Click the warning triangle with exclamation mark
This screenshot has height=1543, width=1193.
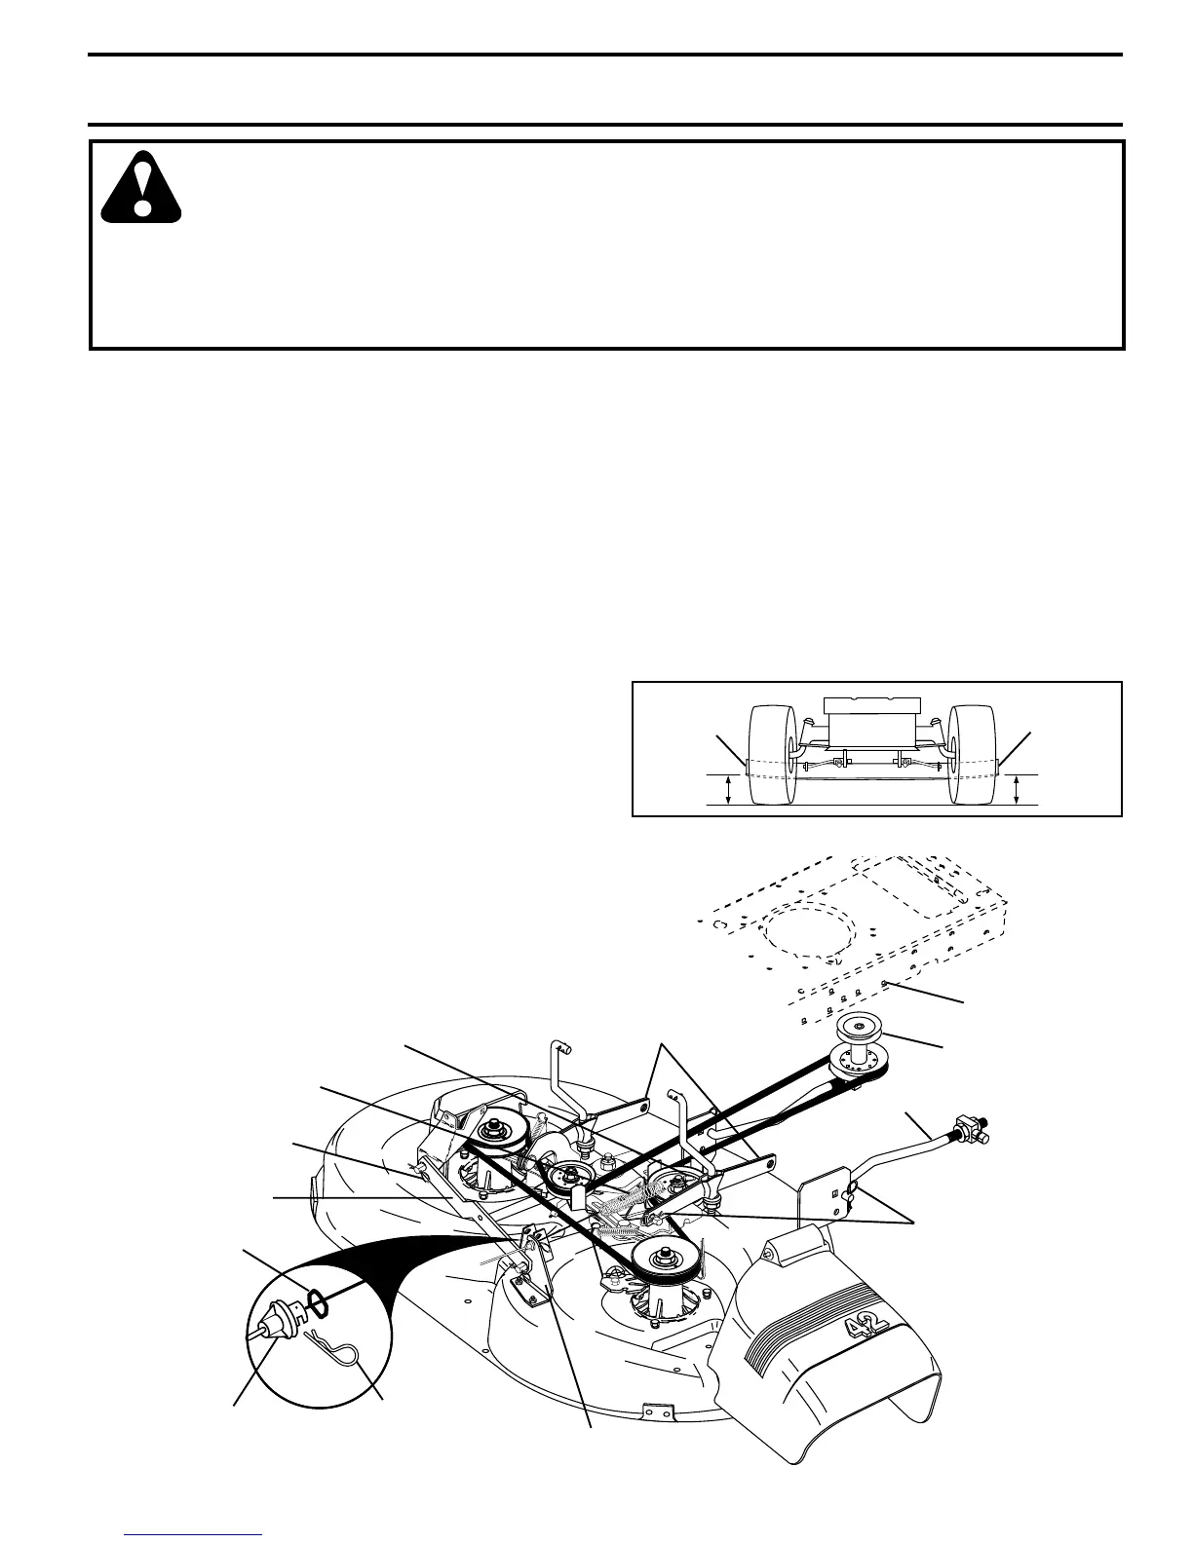142,188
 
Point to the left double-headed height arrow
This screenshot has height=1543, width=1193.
729,789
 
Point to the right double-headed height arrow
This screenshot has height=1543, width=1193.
1017,789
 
